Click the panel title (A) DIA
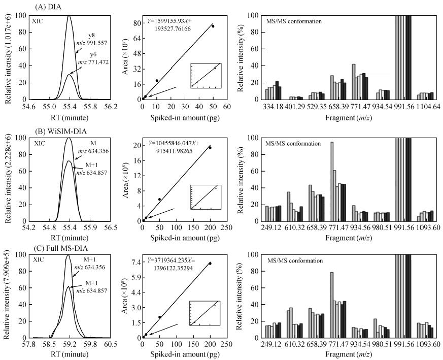(36, 6)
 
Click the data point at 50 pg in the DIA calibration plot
(213, 26)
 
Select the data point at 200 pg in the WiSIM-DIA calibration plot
(210, 147)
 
